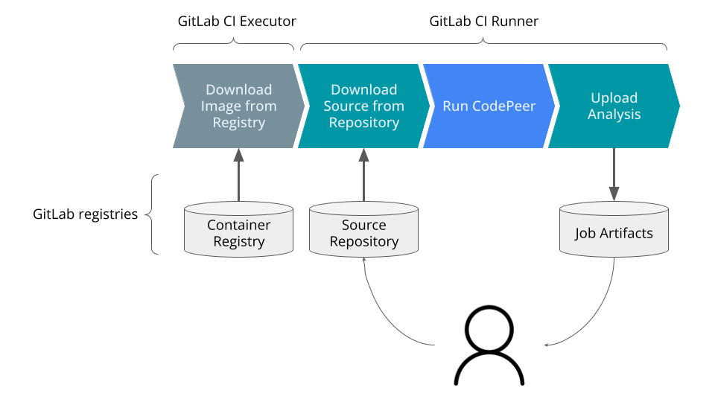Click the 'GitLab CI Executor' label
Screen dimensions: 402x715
point(236,22)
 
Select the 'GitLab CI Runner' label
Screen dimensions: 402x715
point(483,22)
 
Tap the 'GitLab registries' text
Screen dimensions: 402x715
point(86,214)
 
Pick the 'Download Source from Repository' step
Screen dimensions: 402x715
point(363,106)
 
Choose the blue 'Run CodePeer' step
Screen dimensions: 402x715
point(489,106)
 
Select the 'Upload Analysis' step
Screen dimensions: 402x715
point(614,106)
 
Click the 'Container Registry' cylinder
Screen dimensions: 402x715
point(238,233)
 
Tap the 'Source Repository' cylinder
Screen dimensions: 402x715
point(363,233)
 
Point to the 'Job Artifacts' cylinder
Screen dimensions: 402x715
point(614,233)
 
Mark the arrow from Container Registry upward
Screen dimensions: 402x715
point(238,175)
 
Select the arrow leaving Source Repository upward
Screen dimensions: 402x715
point(363,175)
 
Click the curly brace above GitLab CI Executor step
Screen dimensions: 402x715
point(235,44)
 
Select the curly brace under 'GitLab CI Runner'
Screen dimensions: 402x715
point(483,44)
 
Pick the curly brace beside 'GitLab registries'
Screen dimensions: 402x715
point(152,214)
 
